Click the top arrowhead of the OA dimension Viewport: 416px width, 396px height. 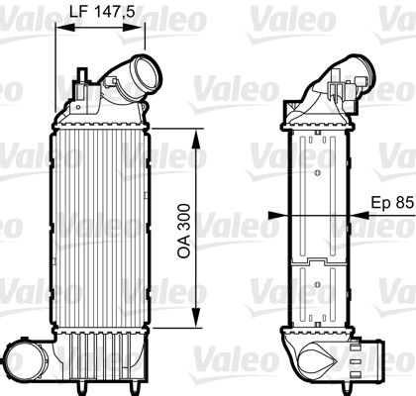197,132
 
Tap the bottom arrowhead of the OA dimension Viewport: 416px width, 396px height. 197,323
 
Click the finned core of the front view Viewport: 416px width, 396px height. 99,228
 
